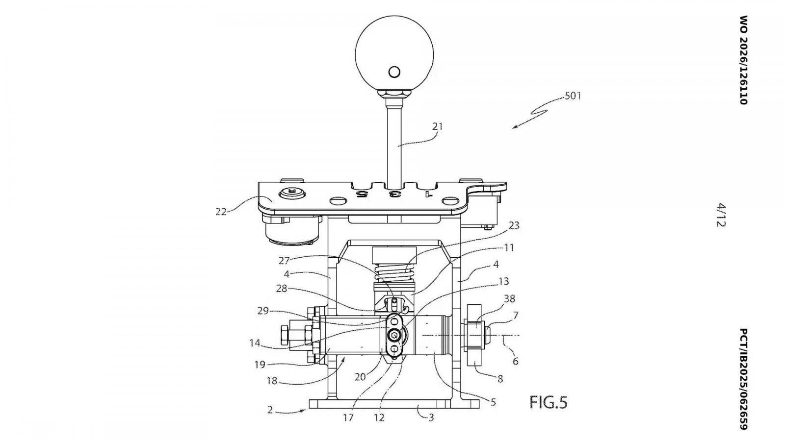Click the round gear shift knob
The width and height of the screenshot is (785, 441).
[394, 54]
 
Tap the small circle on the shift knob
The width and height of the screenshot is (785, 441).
[394, 72]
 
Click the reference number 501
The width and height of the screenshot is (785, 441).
[573, 96]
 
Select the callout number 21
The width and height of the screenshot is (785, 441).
[437, 126]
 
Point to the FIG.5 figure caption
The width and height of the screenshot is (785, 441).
[548, 402]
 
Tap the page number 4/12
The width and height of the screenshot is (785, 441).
[721, 215]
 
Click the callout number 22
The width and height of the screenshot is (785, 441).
[221, 212]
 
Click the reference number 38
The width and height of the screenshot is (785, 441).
[510, 298]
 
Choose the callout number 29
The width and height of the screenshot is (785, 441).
[263, 311]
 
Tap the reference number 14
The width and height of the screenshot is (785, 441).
[255, 343]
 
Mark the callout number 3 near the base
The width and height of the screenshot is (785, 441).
[431, 417]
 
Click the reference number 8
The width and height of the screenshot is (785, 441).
[500, 378]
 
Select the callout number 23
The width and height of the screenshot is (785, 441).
[513, 226]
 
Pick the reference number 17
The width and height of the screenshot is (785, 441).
[348, 417]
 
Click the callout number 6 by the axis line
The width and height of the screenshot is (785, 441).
[515, 361]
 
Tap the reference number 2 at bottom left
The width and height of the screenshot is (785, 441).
[270, 410]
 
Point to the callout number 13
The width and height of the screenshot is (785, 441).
[503, 281]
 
